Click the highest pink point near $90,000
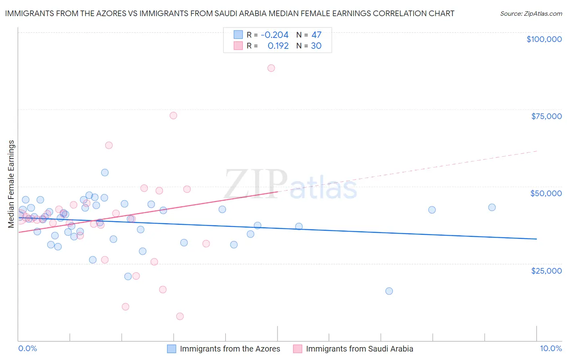pyautogui.click(x=271, y=68)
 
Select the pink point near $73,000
pyautogui.click(x=173, y=115)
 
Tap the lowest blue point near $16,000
pyautogui.click(x=389, y=291)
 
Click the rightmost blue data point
pyautogui.click(x=492, y=207)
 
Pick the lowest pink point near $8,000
pyautogui.click(x=180, y=316)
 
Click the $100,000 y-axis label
pyautogui.click(x=544, y=39)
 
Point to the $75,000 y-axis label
pyautogui.click(x=546, y=116)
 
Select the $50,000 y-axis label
pyautogui.click(x=546, y=193)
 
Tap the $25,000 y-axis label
pyautogui.click(x=546, y=271)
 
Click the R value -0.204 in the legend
pyautogui.click(x=275, y=35)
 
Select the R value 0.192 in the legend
pyautogui.click(x=278, y=46)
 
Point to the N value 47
pyautogui.click(x=316, y=35)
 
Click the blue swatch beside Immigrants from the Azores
pyautogui.click(x=172, y=349)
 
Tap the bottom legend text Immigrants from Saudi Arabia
pyautogui.click(x=359, y=349)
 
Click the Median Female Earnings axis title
pyautogui.click(x=11, y=184)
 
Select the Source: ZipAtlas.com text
pyautogui.click(x=531, y=14)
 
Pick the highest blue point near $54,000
pyautogui.click(x=105, y=173)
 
